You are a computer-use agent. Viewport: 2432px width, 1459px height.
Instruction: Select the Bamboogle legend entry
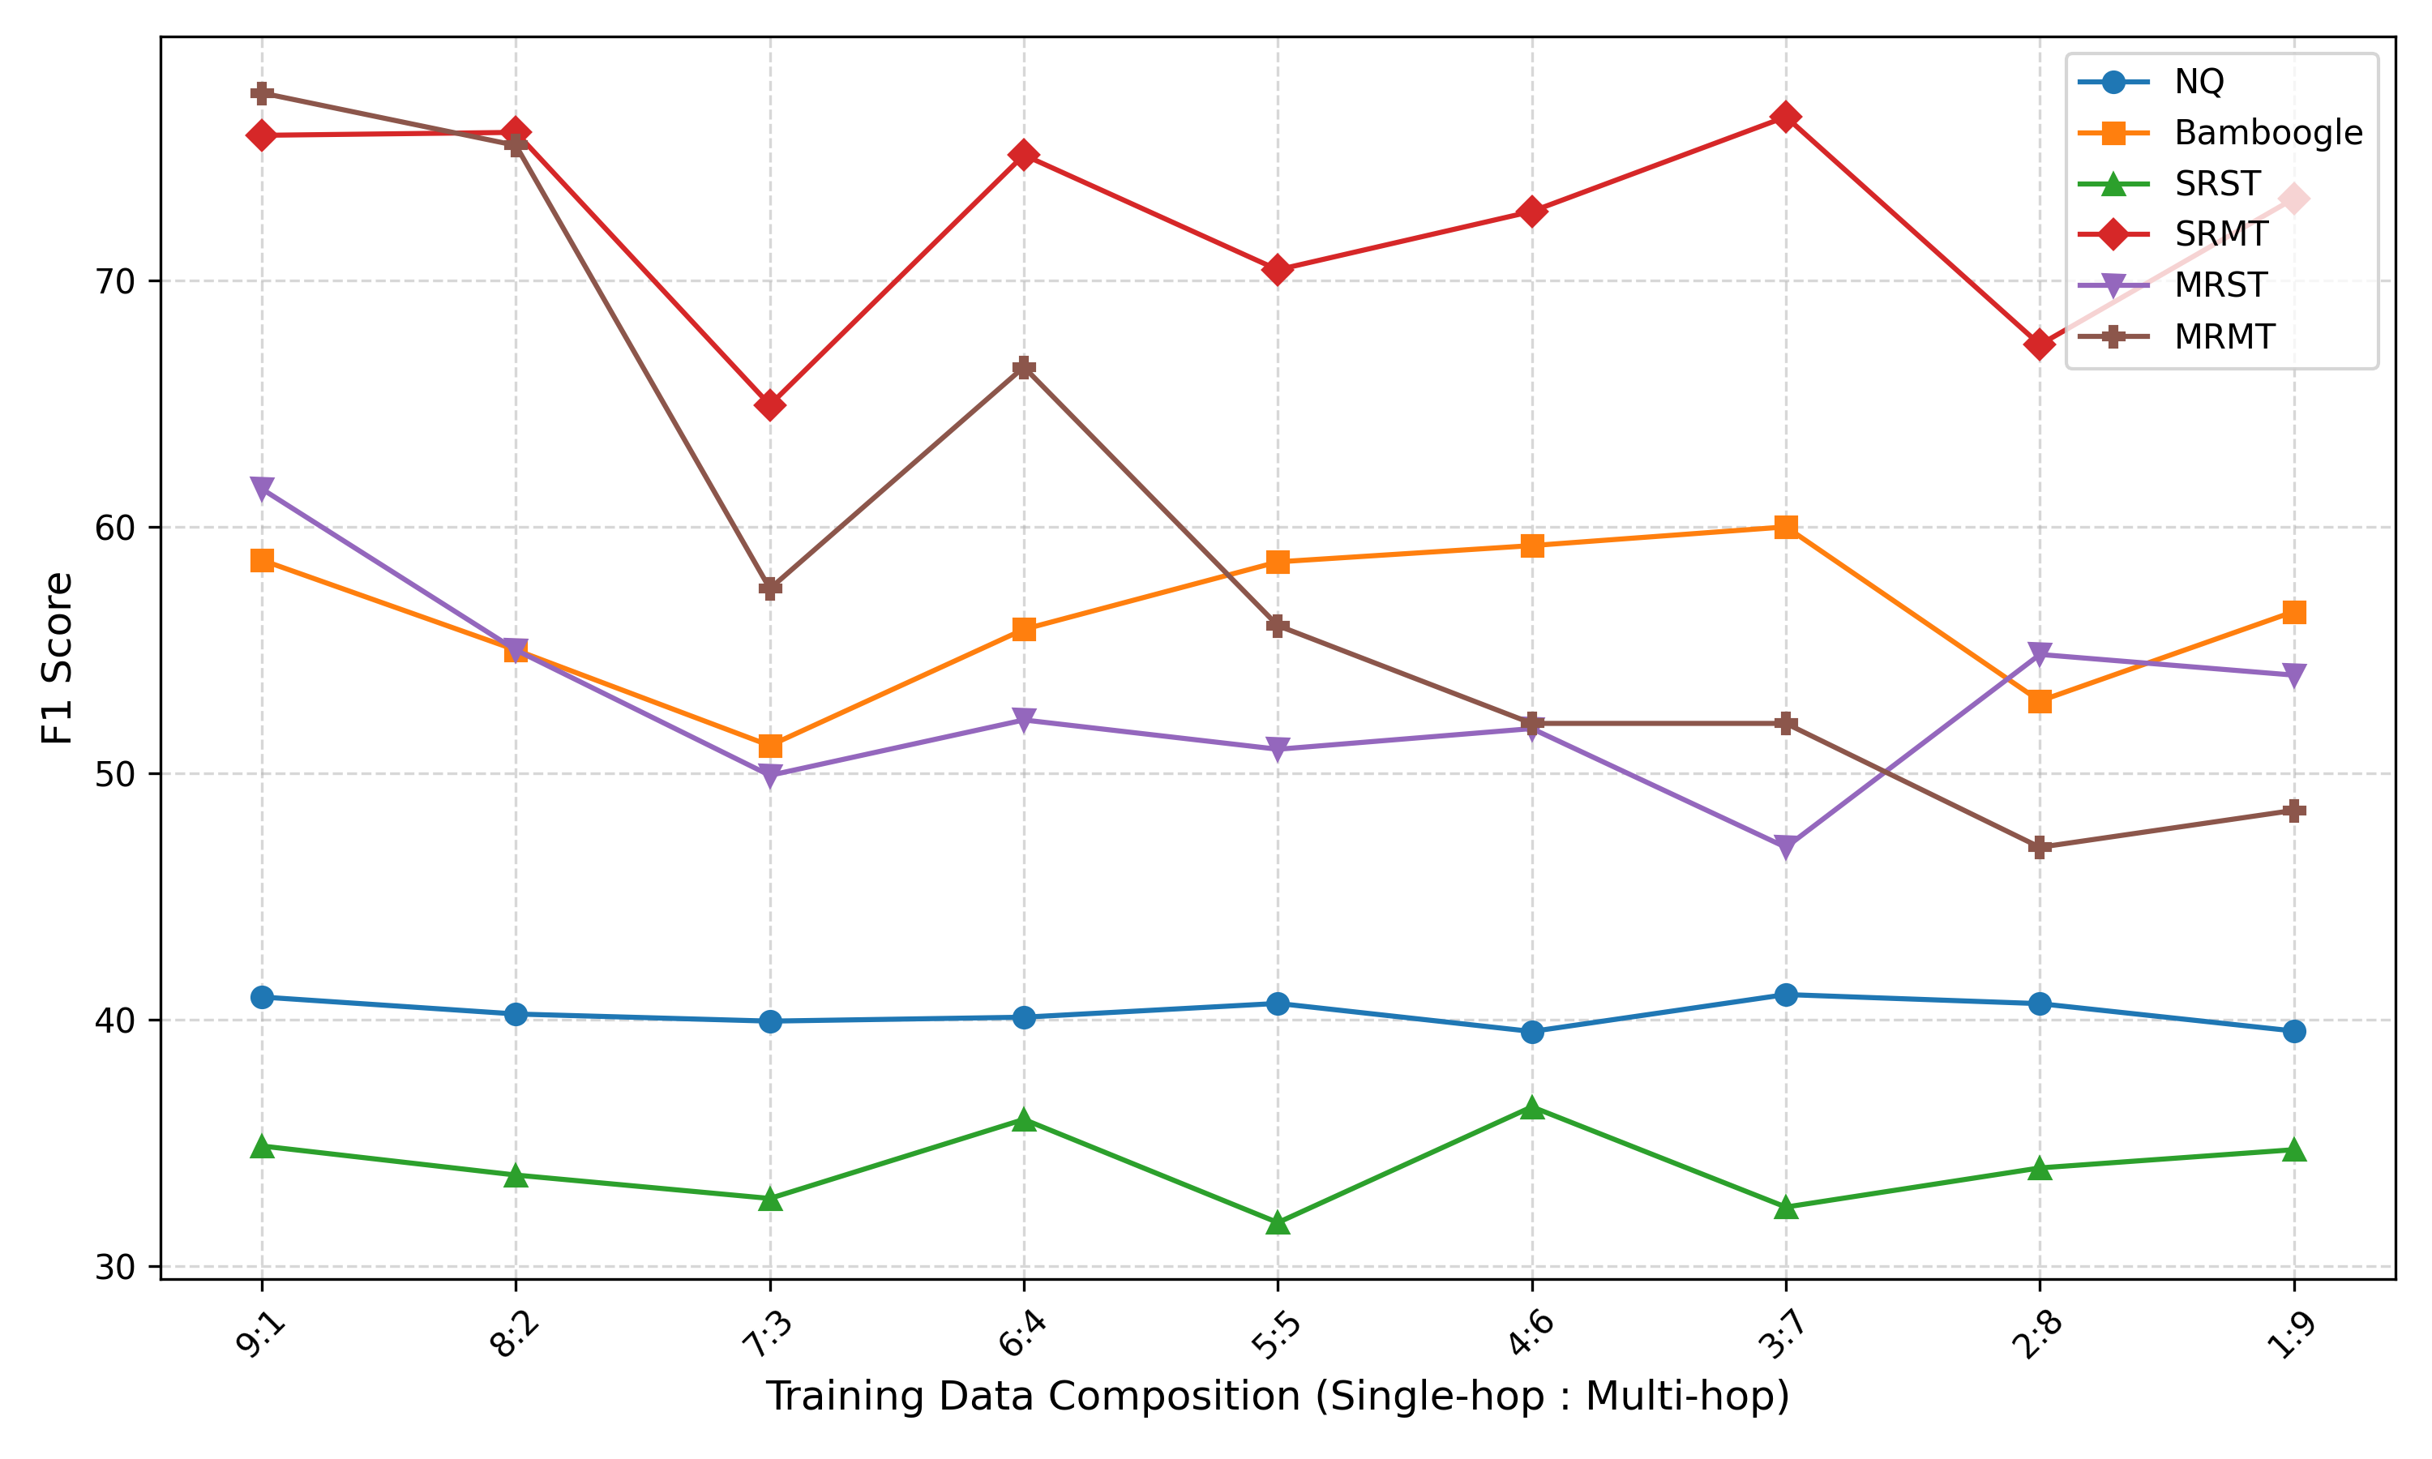pos(2267,133)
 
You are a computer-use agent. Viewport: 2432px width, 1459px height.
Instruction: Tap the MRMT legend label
pos(2224,337)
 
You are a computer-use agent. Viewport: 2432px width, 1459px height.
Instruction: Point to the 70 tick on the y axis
pos(114,281)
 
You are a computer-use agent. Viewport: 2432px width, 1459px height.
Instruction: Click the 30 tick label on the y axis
pos(114,1267)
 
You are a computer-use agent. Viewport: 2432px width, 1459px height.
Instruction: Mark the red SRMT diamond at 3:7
pos(1786,117)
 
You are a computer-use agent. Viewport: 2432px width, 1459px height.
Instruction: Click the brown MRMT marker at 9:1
pos(262,93)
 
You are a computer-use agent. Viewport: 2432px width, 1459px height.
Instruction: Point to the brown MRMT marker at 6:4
pos(1023,369)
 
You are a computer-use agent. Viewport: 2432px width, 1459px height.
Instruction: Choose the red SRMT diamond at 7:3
pos(769,405)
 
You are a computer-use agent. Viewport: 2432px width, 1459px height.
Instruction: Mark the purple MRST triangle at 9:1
pos(262,489)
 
